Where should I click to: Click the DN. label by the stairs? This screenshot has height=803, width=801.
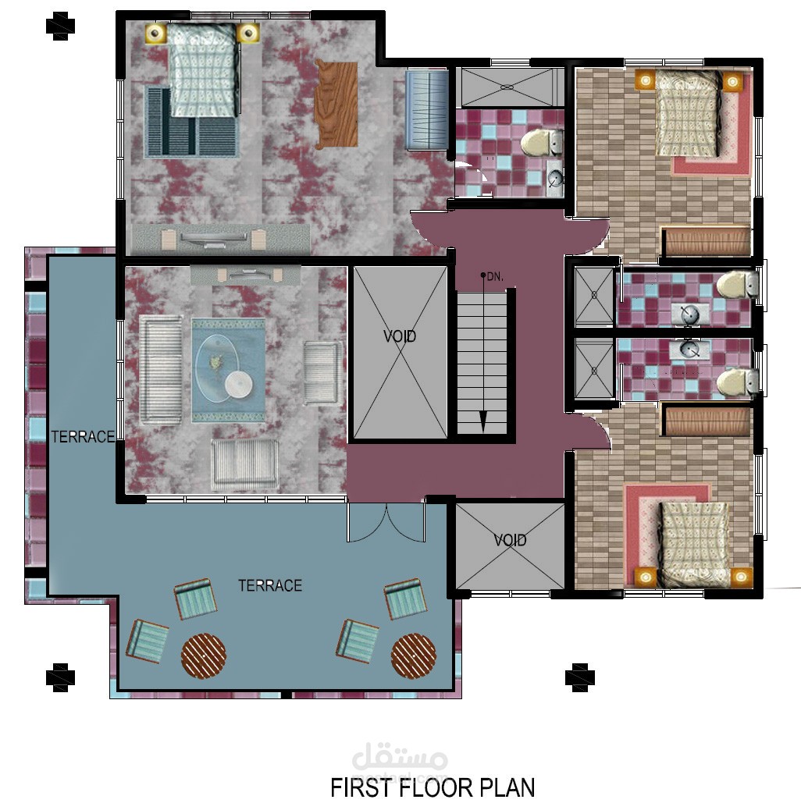point(495,276)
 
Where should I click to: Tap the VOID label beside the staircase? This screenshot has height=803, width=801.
point(400,336)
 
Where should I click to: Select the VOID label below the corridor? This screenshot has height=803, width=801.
point(510,540)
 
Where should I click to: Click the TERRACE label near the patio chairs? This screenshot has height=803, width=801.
point(270,585)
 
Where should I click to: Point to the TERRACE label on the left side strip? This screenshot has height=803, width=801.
point(83,437)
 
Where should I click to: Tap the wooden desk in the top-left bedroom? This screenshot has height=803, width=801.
point(336,104)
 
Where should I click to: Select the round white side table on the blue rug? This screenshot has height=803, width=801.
point(239,384)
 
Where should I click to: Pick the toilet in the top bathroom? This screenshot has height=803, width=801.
point(541,143)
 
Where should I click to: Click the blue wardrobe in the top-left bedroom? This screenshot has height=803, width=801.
point(427,110)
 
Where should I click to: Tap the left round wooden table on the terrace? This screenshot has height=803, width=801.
point(204,656)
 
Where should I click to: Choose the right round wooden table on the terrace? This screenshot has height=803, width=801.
point(414,656)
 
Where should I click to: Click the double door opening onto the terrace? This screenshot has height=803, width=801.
point(386,522)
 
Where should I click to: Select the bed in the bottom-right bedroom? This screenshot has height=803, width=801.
point(692,545)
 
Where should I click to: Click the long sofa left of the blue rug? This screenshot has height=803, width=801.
point(161,370)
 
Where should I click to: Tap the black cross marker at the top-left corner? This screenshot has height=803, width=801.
point(60,26)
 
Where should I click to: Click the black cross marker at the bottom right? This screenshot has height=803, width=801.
point(579,677)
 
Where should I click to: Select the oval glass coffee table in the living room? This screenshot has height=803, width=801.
point(217,368)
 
